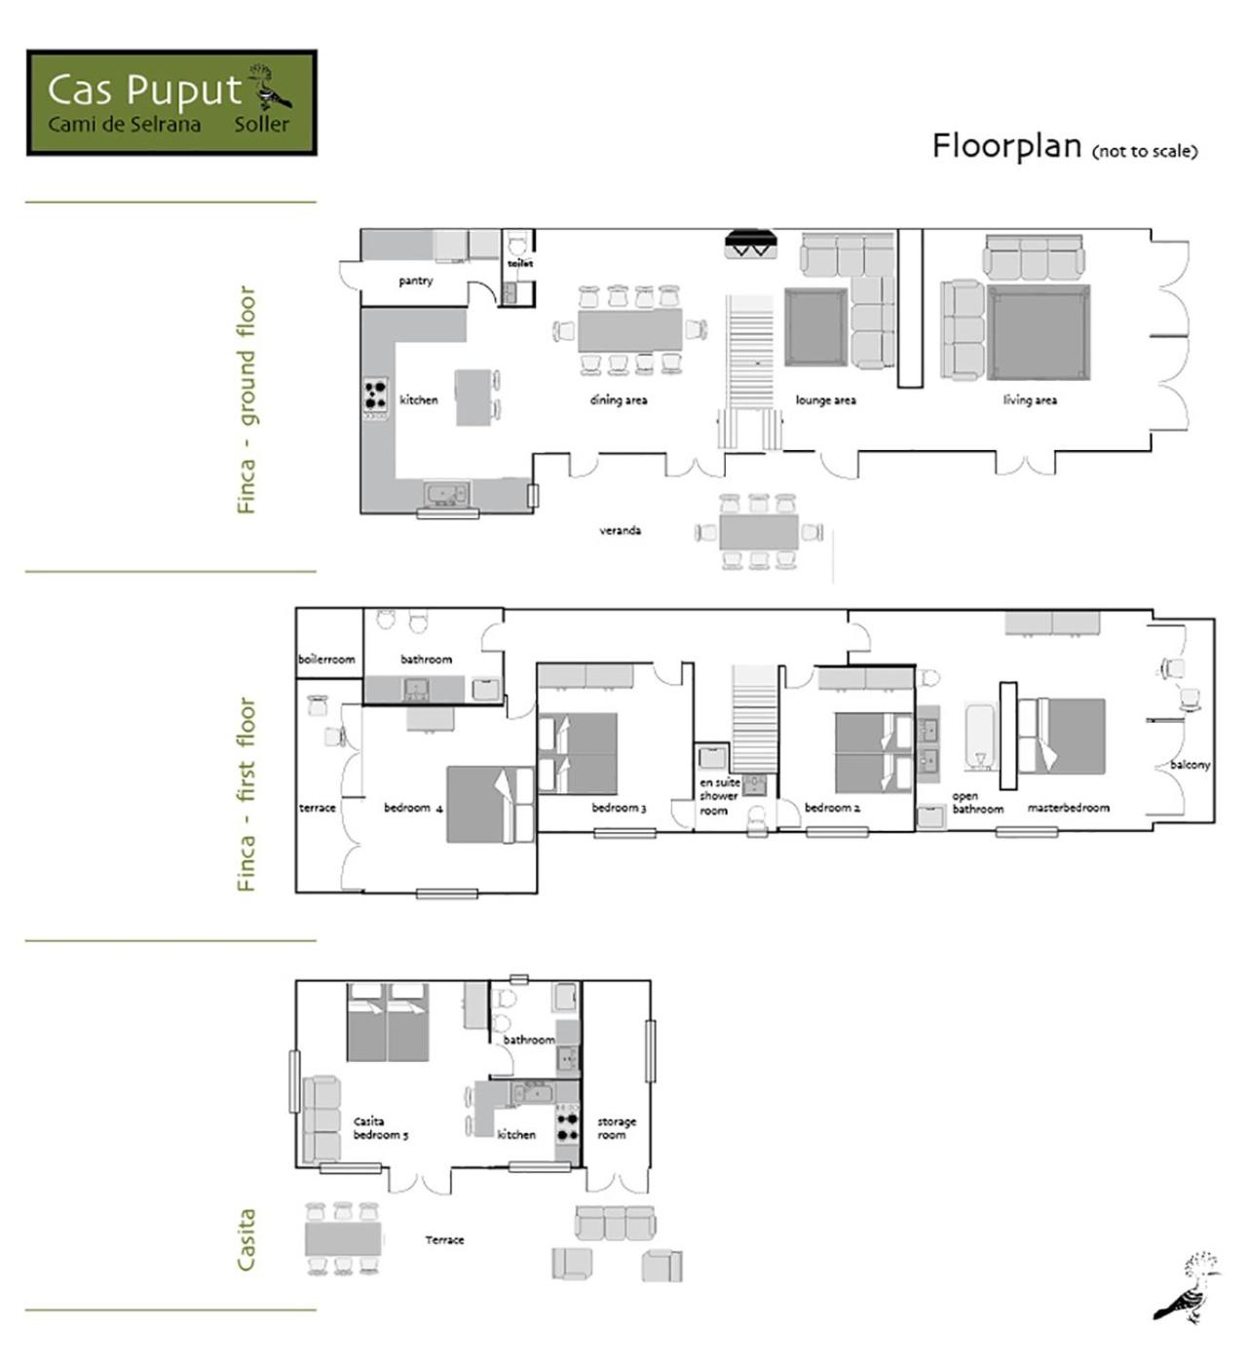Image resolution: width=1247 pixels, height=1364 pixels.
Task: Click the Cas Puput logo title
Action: [x=145, y=90]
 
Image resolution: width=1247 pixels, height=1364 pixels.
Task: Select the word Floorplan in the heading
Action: [x=1006, y=147]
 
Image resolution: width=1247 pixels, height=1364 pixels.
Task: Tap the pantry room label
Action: [x=415, y=281]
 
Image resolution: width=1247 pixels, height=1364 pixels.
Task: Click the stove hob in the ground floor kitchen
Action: [x=375, y=395]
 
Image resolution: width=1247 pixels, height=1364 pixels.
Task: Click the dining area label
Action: [x=618, y=399]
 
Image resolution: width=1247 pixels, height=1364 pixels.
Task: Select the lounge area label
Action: [x=825, y=399]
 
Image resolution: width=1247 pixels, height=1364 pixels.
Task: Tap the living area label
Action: [x=1030, y=399]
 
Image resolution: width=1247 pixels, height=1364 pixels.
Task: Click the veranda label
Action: [x=621, y=530]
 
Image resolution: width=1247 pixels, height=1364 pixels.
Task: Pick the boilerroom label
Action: [x=326, y=659]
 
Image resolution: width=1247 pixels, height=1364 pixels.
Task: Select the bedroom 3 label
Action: [x=619, y=808]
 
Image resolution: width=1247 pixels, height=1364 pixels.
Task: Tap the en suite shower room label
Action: [x=719, y=796]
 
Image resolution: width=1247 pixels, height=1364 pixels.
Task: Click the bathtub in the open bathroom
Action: [x=980, y=738]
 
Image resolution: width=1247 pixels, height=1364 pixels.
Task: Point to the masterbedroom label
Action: [x=1068, y=808]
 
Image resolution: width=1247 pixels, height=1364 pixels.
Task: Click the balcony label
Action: [x=1190, y=765]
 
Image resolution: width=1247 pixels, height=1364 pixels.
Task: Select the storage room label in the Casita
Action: [x=616, y=1127]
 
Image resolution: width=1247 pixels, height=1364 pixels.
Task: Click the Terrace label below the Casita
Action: [x=444, y=1239]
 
